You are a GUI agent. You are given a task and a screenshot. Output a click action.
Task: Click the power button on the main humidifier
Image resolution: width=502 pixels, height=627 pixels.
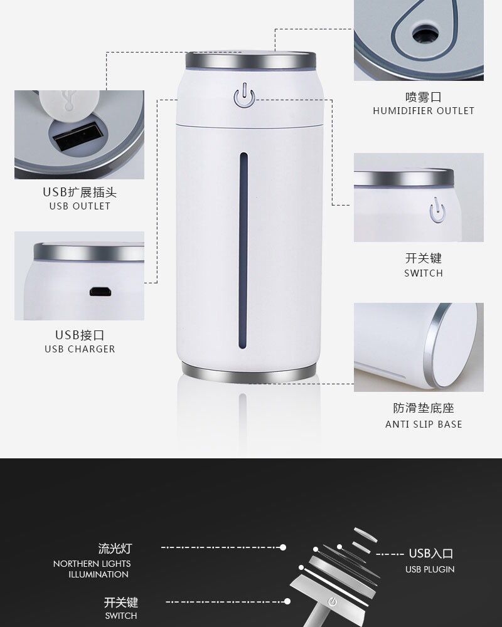click(244, 96)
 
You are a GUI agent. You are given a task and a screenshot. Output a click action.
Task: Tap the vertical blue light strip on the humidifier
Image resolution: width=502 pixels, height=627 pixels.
click(243, 250)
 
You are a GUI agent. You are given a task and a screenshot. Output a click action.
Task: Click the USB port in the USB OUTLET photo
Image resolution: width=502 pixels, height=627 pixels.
click(77, 137)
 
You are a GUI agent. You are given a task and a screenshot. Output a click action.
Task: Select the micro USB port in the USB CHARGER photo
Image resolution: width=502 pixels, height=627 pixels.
click(100, 292)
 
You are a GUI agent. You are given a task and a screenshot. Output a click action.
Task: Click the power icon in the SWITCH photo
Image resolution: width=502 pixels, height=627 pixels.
click(437, 210)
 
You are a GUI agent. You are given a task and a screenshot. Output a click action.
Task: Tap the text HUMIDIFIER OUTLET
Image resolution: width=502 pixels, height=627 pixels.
click(424, 111)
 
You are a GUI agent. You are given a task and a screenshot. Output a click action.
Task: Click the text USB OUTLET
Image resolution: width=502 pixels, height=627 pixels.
click(80, 206)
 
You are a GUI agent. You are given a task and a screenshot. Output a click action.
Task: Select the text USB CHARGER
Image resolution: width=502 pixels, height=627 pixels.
click(80, 349)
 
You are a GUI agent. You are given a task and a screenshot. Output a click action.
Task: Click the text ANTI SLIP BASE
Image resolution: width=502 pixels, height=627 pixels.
click(424, 424)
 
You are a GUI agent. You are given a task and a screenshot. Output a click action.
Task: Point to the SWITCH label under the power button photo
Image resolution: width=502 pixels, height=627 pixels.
click(424, 273)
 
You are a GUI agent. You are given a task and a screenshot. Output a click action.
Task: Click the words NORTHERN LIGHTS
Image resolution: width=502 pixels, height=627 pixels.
click(92, 564)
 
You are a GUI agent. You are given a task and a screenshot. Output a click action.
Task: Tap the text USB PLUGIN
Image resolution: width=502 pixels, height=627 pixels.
click(430, 569)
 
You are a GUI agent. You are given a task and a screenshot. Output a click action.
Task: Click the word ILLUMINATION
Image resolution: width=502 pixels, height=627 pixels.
click(99, 574)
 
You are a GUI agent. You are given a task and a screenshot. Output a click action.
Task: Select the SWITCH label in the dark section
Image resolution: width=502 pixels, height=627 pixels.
click(121, 616)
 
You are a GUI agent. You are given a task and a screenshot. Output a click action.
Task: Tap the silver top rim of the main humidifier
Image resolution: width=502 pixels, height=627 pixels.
click(250, 60)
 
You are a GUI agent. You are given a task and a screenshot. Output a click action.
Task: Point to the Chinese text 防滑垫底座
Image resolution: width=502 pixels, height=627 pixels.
click(424, 408)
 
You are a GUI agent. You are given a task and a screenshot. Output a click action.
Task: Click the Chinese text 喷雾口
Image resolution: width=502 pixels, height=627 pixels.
click(424, 97)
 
